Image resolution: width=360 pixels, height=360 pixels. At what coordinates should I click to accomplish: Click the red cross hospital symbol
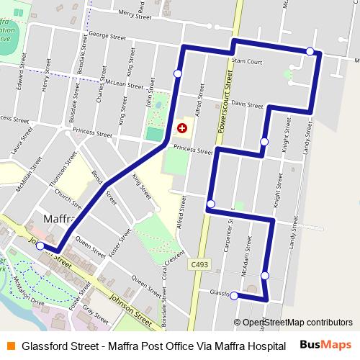click(x=182, y=128)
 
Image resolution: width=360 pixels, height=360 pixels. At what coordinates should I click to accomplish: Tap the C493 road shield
click(x=201, y=266)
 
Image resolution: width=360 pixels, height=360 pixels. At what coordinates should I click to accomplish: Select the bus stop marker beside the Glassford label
click(x=235, y=294)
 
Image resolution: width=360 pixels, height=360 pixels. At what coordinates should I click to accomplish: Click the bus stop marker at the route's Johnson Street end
click(x=40, y=246)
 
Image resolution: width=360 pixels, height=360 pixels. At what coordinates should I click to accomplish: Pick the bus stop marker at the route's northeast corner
click(x=310, y=51)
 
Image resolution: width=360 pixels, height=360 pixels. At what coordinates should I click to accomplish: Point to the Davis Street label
click(x=247, y=105)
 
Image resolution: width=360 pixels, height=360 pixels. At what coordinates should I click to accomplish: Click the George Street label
click(x=108, y=36)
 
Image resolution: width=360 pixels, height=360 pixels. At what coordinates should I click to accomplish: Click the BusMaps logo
click(x=325, y=345)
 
